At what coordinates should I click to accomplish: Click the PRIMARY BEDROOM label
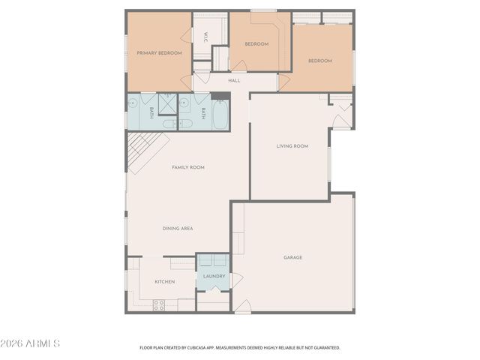coord(159,53)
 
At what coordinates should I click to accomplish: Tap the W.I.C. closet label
coord(205,35)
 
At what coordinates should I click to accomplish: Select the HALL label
coord(234,80)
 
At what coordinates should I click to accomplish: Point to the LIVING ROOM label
coord(292,146)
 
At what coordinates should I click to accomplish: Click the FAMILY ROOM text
coord(187,167)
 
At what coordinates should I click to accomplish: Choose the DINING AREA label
coord(178,228)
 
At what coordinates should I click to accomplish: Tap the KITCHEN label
coord(164,281)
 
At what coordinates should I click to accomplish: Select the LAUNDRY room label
coord(214,277)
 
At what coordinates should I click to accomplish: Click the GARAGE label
coord(292,257)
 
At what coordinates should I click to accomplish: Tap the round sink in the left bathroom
coord(133,103)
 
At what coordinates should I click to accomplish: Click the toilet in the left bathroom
coord(169,101)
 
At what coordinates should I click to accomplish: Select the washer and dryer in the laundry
coord(213,260)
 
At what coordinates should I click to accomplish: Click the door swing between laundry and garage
coord(237,281)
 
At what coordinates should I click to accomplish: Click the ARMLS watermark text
coord(31,343)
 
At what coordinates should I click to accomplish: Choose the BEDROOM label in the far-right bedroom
coord(319,61)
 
